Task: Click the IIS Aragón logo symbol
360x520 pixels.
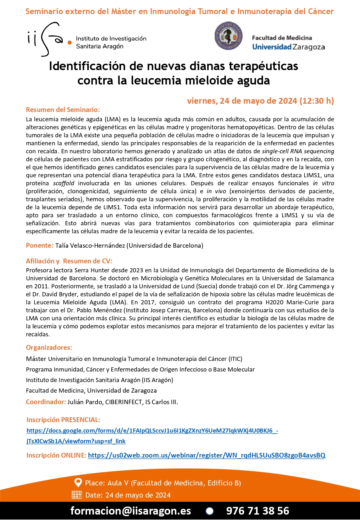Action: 48,39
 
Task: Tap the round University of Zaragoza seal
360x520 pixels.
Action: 228,36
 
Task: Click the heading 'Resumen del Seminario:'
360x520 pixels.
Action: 63,110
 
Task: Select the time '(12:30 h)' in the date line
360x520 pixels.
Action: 317,101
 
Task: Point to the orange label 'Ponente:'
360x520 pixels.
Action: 39,245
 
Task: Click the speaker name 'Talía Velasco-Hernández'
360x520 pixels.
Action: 90,245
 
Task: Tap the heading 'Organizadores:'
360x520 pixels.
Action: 49,348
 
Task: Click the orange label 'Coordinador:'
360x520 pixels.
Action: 46,402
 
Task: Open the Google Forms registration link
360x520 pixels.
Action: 152,431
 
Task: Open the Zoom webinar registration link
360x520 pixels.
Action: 206,455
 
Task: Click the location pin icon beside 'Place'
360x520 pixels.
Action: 78,483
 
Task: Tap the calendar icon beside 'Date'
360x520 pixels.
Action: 77,495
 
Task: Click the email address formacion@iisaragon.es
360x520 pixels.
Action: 131,511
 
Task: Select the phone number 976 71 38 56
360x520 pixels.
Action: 258,511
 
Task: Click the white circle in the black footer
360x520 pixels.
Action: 210,511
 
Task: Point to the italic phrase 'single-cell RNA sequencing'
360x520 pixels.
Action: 298,151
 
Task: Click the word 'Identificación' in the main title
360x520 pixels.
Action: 87,66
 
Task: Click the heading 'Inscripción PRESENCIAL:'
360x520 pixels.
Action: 63,420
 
